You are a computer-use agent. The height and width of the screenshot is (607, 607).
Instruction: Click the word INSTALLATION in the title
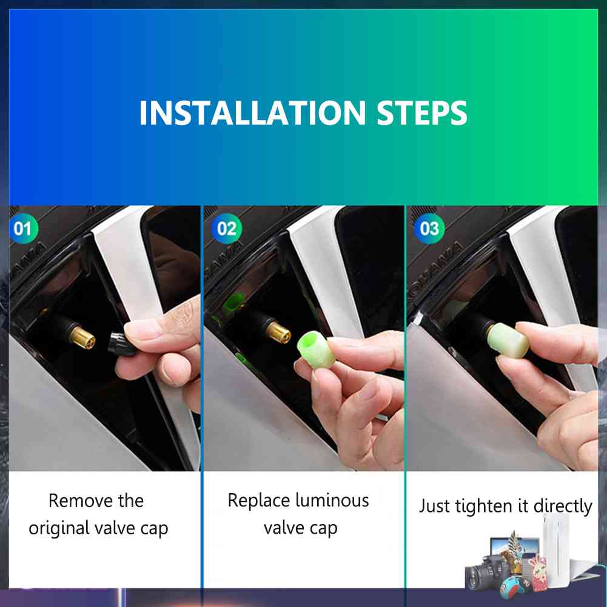coord(252,113)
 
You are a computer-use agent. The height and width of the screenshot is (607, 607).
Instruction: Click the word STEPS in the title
coord(422,113)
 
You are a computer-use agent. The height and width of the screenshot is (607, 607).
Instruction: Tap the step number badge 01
coord(23,229)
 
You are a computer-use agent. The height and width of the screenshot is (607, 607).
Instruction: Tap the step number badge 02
coord(226,229)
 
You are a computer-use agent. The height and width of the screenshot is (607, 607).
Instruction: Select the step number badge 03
coord(429,229)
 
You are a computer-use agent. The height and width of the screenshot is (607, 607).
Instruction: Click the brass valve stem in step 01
coord(82,337)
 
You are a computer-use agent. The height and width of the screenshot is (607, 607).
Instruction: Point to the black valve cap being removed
coord(121,344)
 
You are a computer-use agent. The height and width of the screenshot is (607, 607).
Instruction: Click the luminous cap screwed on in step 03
coord(508,340)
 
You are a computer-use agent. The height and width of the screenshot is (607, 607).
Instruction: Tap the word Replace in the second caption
coord(258,500)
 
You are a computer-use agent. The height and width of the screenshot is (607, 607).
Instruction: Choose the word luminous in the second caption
coord(332,500)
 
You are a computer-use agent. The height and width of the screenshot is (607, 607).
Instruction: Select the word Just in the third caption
coord(434,506)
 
